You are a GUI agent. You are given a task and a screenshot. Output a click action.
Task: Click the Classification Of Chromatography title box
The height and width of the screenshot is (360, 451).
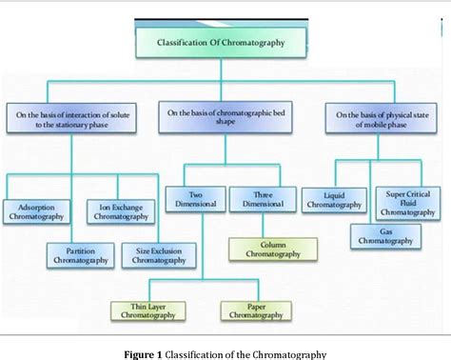(x=221, y=43)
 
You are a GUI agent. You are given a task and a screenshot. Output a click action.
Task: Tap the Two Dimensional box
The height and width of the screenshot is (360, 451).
(x=195, y=198)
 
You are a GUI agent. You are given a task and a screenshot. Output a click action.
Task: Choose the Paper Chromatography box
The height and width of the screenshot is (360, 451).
(x=254, y=310)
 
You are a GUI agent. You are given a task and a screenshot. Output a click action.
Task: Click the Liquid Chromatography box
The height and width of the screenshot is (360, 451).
(x=333, y=199)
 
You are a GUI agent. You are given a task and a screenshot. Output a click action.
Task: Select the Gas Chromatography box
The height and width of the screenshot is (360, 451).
(x=383, y=235)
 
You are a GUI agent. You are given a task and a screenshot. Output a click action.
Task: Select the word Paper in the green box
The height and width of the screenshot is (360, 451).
(x=254, y=306)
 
